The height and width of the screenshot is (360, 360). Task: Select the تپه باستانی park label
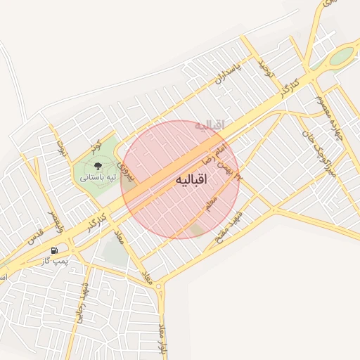tap(98, 178)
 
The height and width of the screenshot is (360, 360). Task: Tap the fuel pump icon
tap(54, 250)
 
